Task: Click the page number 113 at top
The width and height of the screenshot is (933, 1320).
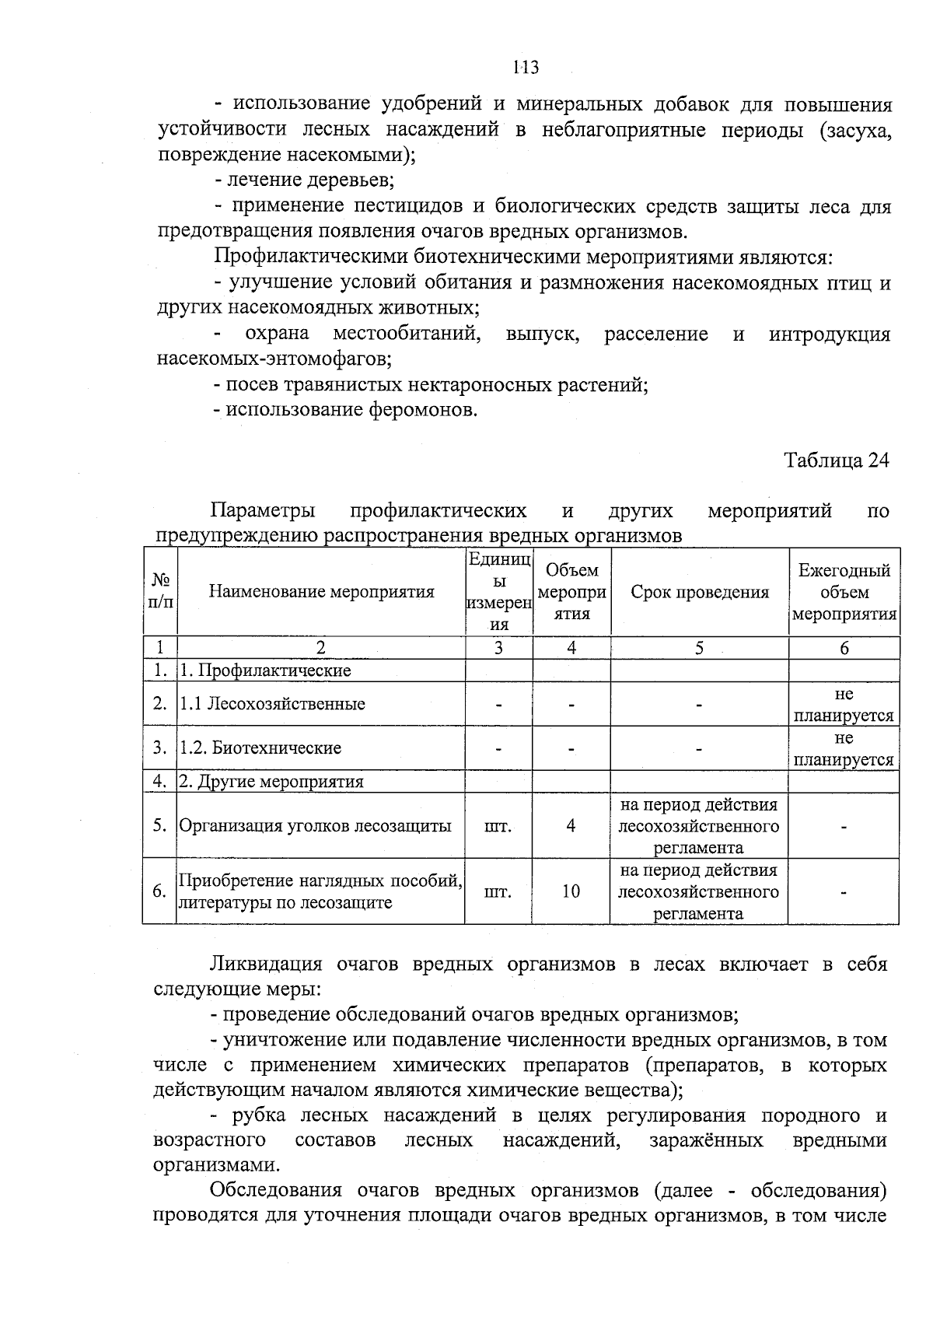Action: [526, 67]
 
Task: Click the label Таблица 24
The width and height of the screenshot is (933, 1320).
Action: [836, 460]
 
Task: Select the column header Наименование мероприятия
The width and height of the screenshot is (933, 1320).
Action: [321, 592]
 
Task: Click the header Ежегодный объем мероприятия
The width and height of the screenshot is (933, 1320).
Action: [844, 592]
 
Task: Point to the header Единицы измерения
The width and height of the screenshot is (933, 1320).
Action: [498, 592]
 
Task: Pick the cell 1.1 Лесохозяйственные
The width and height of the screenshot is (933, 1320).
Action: [272, 704]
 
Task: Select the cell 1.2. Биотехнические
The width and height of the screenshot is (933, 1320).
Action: [260, 748]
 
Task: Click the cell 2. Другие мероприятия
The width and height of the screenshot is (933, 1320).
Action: [271, 782]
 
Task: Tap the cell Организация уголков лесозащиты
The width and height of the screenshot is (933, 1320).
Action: [315, 826]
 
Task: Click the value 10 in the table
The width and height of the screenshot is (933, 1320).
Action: [571, 891]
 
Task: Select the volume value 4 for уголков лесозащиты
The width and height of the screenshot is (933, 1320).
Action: [571, 826]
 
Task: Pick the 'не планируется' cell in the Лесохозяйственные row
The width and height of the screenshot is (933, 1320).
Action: [844, 704]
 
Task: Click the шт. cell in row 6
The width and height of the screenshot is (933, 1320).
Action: [498, 891]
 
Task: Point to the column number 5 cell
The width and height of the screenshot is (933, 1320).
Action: [699, 648]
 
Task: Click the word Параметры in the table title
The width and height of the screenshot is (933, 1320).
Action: [263, 511]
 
